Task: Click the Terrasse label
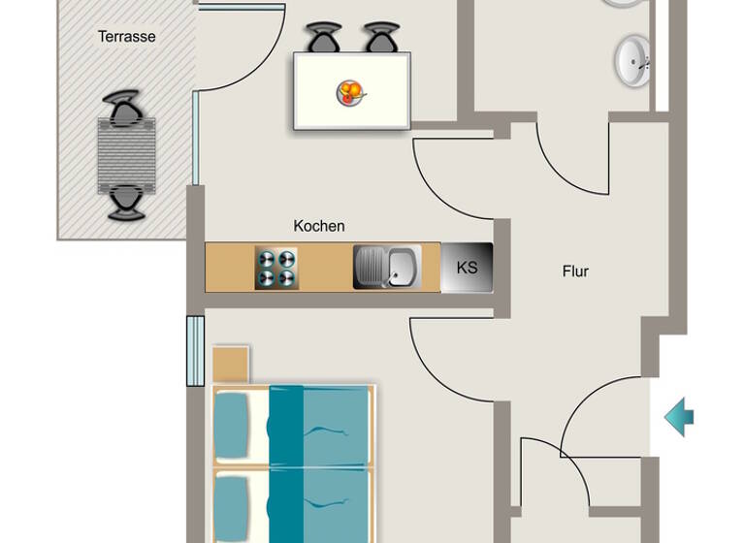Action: (126, 37)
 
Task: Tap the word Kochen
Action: (319, 226)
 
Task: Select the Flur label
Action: (575, 271)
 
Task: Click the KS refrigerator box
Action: (467, 267)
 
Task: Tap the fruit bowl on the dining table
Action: (350, 93)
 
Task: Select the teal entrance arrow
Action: (679, 417)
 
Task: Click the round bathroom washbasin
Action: (632, 61)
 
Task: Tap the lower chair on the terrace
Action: (126, 201)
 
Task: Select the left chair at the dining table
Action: (324, 39)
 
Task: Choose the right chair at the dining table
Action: (382, 39)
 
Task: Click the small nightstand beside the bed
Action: (231, 364)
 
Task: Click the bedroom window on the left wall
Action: (195, 350)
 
